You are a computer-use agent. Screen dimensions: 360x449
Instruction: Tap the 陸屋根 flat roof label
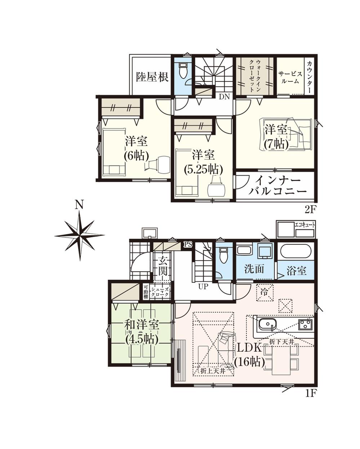[152, 77]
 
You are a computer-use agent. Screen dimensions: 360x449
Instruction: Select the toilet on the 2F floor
[183, 71]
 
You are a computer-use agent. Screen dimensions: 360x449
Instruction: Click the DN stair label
[225, 97]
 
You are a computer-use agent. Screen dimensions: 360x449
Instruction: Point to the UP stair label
[203, 286]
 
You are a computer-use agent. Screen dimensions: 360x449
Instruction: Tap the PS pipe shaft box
[188, 244]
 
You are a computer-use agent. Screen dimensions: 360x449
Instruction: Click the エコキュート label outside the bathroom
[305, 225]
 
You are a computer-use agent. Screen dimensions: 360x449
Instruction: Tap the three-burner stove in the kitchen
[306, 324]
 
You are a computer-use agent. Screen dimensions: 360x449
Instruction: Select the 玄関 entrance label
[162, 266]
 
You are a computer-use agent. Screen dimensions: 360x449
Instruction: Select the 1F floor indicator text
[310, 394]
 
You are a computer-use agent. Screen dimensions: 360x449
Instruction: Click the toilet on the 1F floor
[223, 255]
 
